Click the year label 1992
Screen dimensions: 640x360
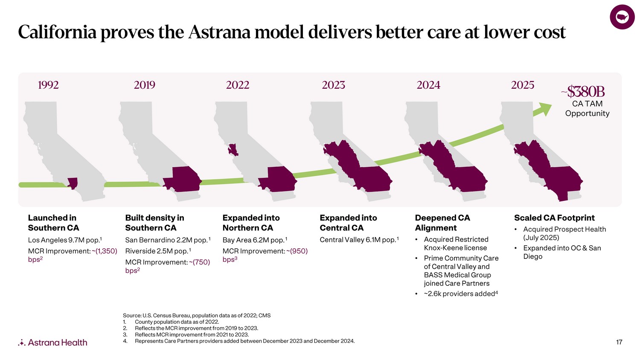click(x=48, y=85)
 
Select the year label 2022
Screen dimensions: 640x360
click(x=237, y=85)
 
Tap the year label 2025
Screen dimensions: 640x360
click(x=523, y=85)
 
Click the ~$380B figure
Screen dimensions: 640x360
click(x=583, y=92)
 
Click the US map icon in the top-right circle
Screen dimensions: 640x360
click(x=622, y=17)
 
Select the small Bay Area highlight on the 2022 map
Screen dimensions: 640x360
click(x=233, y=149)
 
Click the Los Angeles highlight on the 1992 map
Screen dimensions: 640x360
click(x=73, y=183)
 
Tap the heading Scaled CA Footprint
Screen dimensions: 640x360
click(x=554, y=218)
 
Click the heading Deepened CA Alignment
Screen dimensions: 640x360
click(x=442, y=223)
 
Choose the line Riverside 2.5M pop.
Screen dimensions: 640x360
click(x=158, y=251)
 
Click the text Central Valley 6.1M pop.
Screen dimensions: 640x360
click(x=359, y=240)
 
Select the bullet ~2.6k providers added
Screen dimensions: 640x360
click(x=460, y=294)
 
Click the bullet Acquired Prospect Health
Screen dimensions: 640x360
click(x=564, y=229)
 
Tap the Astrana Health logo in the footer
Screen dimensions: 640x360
click(x=52, y=342)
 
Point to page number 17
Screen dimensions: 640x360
click(x=619, y=342)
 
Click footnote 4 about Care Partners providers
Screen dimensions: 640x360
click(x=239, y=341)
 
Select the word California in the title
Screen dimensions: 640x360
click(x=57, y=32)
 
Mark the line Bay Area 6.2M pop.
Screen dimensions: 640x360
click(x=255, y=240)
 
